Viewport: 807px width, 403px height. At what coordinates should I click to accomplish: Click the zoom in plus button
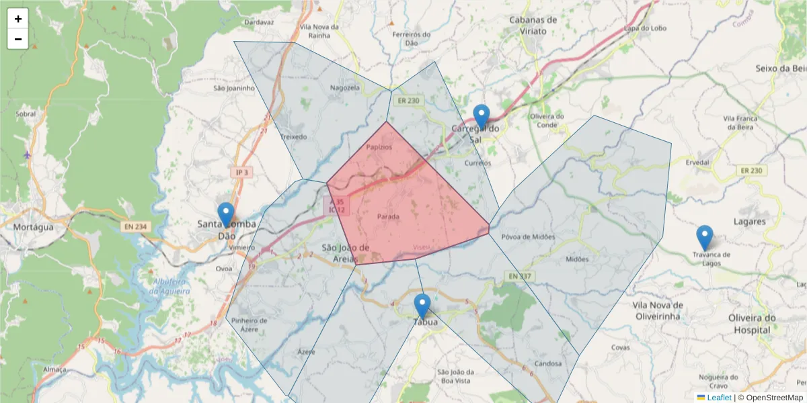18,19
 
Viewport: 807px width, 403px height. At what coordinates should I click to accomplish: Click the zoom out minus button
18,39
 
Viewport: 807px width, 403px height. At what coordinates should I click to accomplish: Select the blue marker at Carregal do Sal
481,117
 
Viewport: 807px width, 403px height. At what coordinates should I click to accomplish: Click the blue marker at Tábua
422,306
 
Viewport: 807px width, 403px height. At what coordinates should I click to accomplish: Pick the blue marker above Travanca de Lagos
704,238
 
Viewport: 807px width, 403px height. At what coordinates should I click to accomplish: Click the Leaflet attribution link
719,398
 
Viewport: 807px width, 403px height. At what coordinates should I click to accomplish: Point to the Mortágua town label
33,227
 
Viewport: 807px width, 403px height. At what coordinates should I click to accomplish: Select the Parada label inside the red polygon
388,216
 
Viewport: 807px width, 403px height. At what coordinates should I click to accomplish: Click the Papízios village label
379,146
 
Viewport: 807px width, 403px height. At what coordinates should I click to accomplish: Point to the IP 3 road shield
241,173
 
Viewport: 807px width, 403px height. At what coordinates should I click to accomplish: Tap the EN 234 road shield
135,227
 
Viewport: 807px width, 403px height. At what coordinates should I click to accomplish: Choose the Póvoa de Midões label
528,236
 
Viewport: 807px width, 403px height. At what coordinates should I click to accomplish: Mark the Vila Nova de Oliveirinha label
658,310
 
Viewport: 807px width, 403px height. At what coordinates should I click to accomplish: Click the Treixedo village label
293,136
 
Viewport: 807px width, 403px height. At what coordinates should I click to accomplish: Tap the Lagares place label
750,221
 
